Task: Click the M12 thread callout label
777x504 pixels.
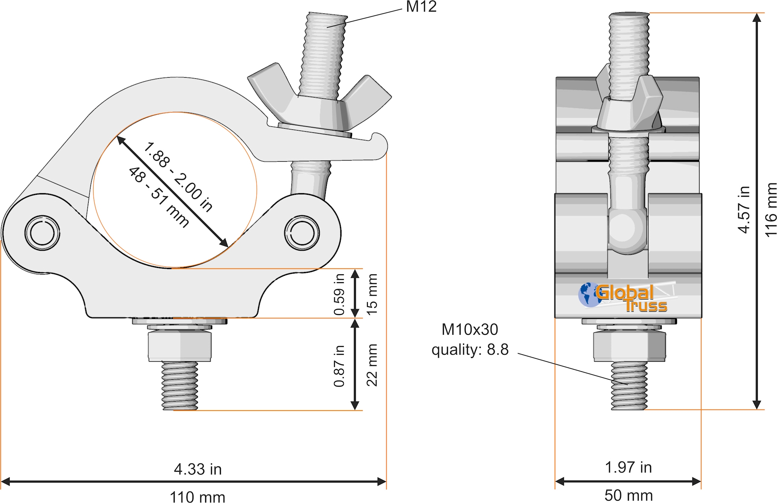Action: [421, 7]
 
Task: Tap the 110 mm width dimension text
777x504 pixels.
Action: [197, 497]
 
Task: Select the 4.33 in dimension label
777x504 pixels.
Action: [198, 469]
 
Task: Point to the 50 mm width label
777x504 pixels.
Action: [628, 496]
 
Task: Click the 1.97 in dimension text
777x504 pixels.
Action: [628, 468]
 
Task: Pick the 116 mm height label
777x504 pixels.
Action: [771, 210]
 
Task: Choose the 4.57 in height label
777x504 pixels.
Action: [744, 210]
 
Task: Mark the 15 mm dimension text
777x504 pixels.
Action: [372, 294]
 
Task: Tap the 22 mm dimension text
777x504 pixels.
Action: [372, 365]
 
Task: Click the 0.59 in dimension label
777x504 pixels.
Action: [339, 294]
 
